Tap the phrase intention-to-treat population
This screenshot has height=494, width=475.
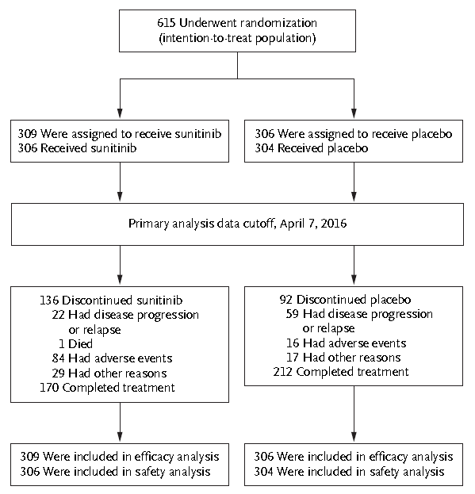click(x=238, y=38)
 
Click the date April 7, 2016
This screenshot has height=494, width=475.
click(x=313, y=224)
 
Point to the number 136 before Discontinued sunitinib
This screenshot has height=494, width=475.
click(x=49, y=301)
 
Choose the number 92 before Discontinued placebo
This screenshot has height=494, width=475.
click(x=286, y=300)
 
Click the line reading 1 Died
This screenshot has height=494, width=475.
click(x=75, y=343)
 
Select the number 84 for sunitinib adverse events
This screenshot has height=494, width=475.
click(x=58, y=358)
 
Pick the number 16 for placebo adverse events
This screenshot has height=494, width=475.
click(x=293, y=343)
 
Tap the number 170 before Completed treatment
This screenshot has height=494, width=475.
click(x=49, y=388)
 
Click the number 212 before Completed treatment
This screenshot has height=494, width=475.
click(x=283, y=372)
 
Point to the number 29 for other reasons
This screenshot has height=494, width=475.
click(x=58, y=373)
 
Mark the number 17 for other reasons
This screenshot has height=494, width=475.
click(x=293, y=358)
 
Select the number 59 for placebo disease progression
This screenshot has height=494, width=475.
click(x=293, y=314)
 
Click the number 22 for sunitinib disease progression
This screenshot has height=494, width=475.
click(x=58, y=315)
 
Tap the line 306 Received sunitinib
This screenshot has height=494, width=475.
click(x=77, y=148)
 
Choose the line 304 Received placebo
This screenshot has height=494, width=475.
click(x=312, y=148)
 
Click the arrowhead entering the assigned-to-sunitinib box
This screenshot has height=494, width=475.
click(x=120, y=113)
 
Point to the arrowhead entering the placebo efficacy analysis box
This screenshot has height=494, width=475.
click(x=354, y=437)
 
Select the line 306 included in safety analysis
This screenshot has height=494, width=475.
click(x=115, y=472)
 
